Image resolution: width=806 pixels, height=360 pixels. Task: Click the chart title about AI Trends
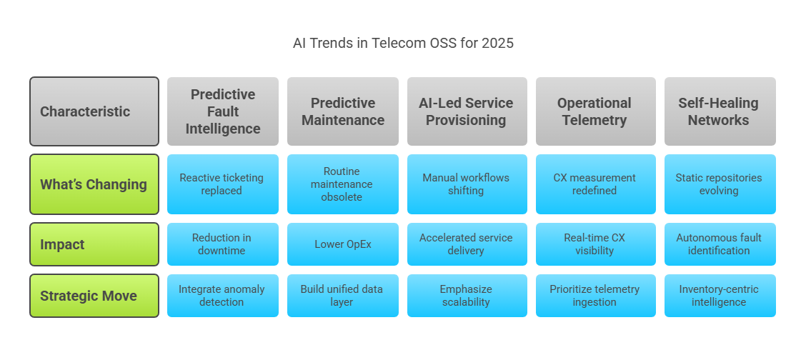click(403, 43)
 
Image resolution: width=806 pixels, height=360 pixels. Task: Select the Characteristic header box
click(94, 111)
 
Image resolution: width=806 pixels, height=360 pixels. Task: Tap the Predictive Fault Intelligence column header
click(222, 111)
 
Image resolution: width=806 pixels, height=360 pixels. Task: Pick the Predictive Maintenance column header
click(343, 111)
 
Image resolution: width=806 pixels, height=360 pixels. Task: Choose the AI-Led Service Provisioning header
click(467, 111)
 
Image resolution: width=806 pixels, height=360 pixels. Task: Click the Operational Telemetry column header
click(596, 111)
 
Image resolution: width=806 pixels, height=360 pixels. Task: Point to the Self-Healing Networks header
click(720, 111)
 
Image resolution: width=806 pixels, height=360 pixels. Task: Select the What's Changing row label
click(94, 184)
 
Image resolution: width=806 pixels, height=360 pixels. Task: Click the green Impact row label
click(94, 244)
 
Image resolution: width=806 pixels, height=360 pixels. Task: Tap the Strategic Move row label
click(94, 296)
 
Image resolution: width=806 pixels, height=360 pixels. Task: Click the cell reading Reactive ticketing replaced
click(222, 184)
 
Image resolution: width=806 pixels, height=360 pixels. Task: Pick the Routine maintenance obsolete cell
click(343, 184)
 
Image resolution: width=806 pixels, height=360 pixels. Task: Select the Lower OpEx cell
click(343, 244)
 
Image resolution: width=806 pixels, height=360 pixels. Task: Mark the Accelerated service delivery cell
click(467, 244)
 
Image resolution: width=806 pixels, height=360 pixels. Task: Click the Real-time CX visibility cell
click(596, 244)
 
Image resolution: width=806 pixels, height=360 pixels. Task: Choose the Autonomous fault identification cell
click(720, 244)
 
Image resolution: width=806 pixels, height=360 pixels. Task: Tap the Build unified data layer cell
click(343, 296)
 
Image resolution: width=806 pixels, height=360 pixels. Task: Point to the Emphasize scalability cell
click(467, 296)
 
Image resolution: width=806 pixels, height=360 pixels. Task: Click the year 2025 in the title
click(497, 43)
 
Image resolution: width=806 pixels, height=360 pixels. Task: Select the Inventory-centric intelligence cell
click(720, 296)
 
